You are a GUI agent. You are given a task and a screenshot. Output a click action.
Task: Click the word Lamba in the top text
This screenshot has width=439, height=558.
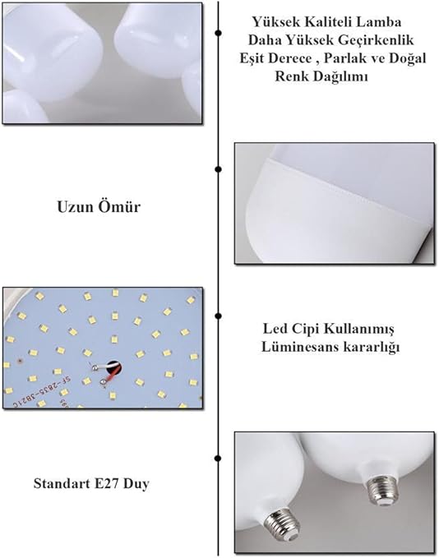pos(378,22)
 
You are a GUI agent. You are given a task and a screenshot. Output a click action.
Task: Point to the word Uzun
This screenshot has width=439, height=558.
pos(75,207)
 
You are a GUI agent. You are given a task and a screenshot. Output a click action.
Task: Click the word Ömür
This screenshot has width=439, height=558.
pos(119,206)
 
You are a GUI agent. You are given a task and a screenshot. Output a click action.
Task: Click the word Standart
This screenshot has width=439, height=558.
pos(62,483)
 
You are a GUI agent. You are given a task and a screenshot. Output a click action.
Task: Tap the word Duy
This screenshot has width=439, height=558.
pos(136,484)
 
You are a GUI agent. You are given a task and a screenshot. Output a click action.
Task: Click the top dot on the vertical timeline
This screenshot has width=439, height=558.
pos(218,33)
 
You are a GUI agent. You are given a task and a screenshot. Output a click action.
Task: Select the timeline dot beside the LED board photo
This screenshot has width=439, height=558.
pos(218,316)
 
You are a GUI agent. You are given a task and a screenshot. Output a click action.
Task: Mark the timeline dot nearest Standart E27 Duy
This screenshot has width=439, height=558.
pos(218,459)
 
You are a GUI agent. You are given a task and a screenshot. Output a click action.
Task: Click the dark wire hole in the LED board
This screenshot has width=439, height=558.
pos(114,368)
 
